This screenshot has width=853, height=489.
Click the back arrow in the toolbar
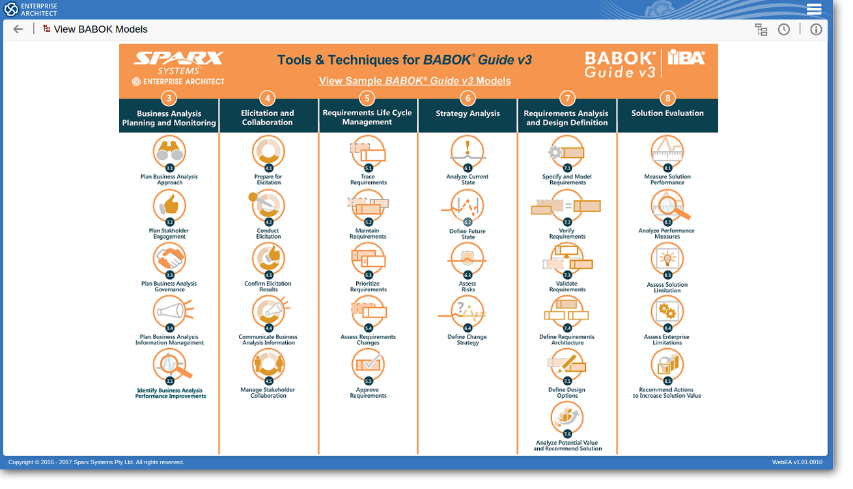coord(18,29)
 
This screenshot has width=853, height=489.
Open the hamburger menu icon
coord(814,9)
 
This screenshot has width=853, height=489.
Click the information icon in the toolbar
coord(816,29)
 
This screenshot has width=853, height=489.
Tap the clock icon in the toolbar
coord(784,29)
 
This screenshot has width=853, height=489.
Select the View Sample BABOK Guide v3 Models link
coord(415,81)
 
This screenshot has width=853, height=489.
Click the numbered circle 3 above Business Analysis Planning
coord(169,98)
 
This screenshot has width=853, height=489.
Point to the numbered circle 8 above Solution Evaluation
coord(667,98)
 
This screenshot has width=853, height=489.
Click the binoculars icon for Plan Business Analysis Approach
coord(169,151)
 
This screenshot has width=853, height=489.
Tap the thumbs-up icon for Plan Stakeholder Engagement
coord(169,205)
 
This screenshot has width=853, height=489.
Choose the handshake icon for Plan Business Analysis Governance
coord(169,259)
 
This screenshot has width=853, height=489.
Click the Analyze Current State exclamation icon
coord(468,151)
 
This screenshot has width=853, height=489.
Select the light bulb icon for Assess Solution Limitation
coord(667,259)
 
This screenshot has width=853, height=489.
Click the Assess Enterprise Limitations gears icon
coord(667,311)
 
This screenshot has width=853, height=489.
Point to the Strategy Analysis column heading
coord(468,113)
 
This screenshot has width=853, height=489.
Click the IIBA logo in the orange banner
coord(686,59)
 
